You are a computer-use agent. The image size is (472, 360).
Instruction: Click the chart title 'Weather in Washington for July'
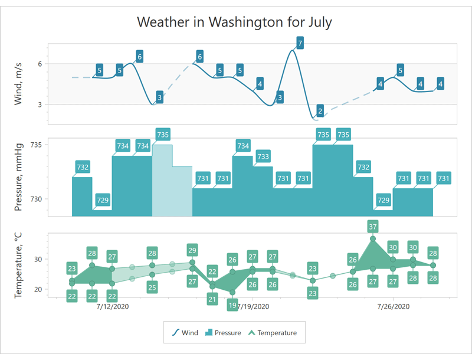pos(234,22)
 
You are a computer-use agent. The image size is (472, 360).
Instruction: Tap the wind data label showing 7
pos(300,43)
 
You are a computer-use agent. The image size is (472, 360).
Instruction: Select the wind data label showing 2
pos(320,110)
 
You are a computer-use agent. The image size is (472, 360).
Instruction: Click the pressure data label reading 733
pos(263,156)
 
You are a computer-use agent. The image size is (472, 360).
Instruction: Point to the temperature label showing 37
pos(372,226)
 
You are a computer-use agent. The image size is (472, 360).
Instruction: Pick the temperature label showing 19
pos(232,305)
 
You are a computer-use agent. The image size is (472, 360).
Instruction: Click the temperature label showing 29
pos(192,249)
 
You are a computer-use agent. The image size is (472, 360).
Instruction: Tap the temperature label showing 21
pos(212,299)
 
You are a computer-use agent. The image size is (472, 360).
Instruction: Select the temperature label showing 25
pos(152,287)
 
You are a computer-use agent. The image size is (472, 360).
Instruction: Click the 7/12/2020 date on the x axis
pos(112,307)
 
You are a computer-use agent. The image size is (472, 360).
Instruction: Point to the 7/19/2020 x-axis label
pos(253,307)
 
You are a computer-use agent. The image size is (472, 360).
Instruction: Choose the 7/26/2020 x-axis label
pos(393,307)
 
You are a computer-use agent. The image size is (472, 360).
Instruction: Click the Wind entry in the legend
pos(185,333)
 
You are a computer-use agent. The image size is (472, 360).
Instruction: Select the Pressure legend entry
pos(223,333)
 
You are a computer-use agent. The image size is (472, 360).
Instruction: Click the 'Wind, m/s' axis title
pos(19,84)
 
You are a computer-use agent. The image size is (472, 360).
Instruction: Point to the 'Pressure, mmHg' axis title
pos(19,176)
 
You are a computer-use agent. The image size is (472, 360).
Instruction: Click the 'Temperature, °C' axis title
pos(19,264)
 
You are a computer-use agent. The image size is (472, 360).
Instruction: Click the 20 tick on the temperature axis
pos(37,289)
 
